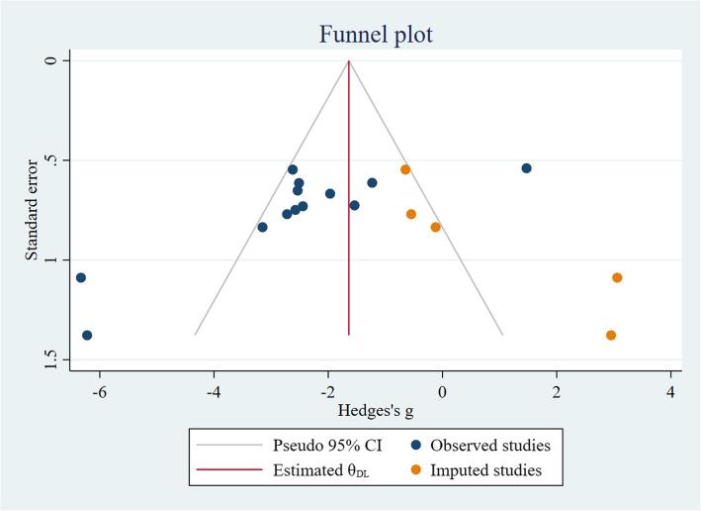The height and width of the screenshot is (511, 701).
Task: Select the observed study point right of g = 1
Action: [x=526, y=168]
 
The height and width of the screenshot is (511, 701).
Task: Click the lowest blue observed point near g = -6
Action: [x=87, y=335]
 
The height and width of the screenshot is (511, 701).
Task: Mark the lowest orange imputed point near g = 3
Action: [x=611, y=335]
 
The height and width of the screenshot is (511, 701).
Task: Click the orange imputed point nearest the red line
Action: [x=405, y=169]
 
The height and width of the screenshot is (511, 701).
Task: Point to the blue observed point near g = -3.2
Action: [x=262, y=227]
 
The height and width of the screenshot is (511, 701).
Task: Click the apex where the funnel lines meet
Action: [x=349, y=60]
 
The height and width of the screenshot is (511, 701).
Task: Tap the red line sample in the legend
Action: [x=234, y=471]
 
